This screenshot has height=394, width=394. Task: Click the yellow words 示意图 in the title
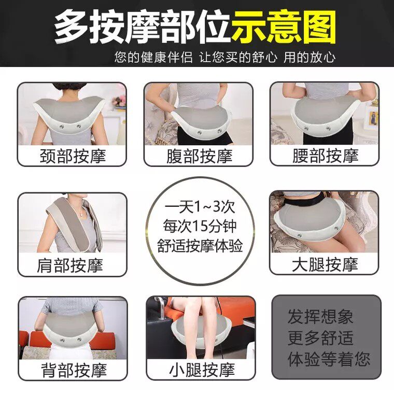284,27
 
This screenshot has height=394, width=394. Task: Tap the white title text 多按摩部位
143,27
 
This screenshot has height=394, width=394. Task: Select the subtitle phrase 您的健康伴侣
153,58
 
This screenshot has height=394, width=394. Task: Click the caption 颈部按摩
73,156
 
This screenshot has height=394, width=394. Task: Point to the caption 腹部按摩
200,156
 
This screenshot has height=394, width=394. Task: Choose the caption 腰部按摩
326,156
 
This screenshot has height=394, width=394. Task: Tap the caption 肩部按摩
70,265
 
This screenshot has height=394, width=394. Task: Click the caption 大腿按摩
325,264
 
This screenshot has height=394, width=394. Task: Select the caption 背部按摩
74,370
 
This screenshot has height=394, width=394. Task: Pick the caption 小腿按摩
202,370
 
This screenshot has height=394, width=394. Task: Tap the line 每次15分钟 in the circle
200,226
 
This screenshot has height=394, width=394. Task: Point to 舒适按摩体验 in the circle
200,246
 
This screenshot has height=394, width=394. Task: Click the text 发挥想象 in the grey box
320,316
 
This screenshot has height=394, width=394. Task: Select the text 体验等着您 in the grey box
329,359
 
